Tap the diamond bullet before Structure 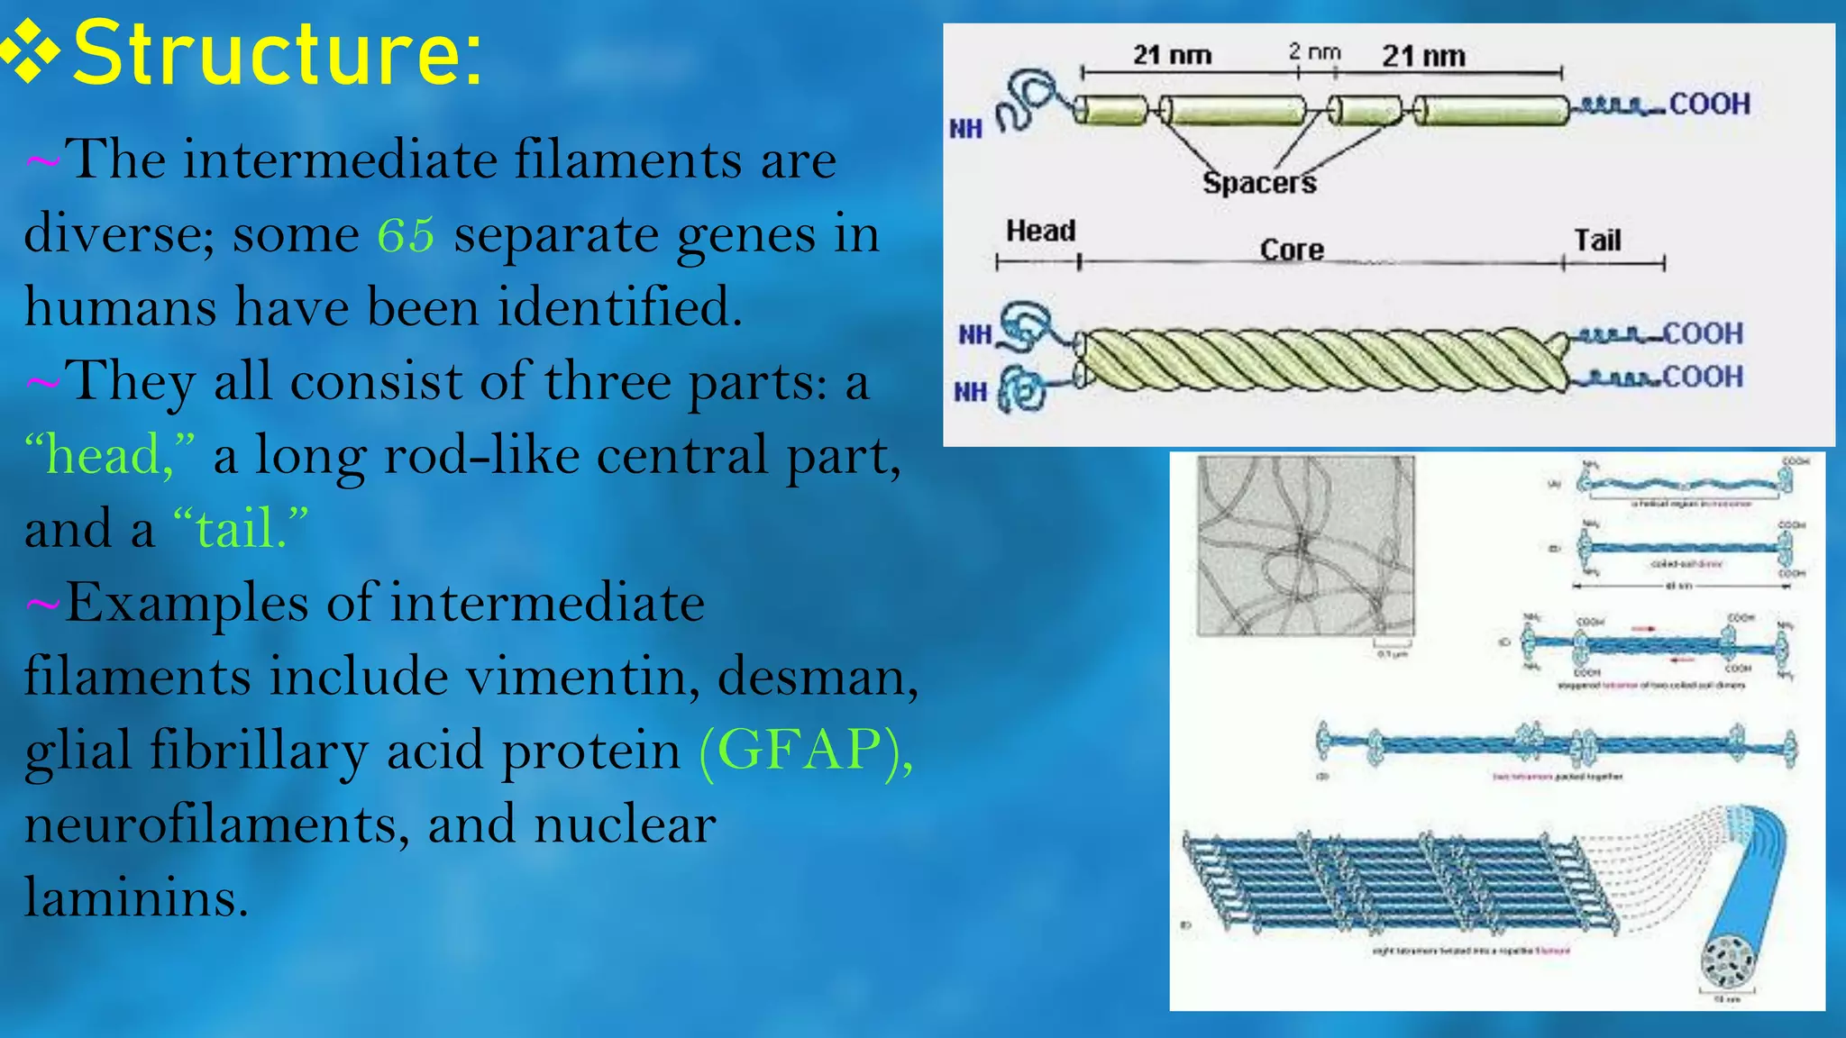pyautogui.click(x=31, y=54)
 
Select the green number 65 pyautogui.click(x=406, y=235)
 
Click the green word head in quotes pyautogui.click(x=103, y=455)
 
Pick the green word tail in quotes pyautogui.click(x=235, y=529)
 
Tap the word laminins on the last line pyautogui.click(x=135, y=897)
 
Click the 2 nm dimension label pyautogui.click(x=1314, y=52)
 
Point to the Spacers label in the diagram pyautogui.click(x=1259, y=183)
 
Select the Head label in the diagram pyautogui.click(x=1040, y=231)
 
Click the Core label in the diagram pyautogui.click(x=1292, y=250)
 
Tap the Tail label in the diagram pyautogui.click(x=1597, y=241)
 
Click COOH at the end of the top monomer pyautogui.click(x=1709, y=104)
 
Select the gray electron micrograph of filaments pyautogui.click(x=1305, y=546)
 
